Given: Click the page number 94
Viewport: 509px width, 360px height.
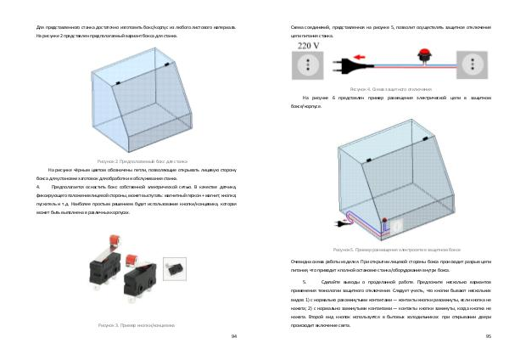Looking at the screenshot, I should click(234, 336).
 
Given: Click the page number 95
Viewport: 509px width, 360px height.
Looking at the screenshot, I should click(489, 336).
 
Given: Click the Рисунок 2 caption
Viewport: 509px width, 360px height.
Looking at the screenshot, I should click(130, 161).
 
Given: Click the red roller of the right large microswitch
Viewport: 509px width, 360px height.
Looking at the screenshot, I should click(133, 257).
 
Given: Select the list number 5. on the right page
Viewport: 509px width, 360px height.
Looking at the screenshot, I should click(305, 279).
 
